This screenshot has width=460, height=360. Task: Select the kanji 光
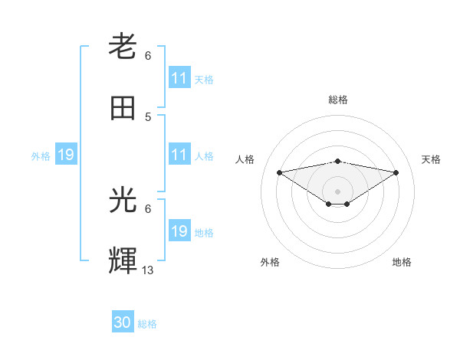tap(123, 201)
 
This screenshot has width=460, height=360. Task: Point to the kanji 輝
tap(123, 260)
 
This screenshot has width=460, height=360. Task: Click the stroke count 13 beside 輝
tap(148, 270)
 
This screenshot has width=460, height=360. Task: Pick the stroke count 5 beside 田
tap(148, 116)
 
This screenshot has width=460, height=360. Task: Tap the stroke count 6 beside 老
tap(148, 55)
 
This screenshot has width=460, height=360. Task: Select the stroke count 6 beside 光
tap(148, 208)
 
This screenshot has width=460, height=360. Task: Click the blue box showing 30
tap(123, 322)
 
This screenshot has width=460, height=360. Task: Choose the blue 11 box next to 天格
tap(179, 78)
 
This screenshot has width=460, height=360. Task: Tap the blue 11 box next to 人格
tap(179, 155)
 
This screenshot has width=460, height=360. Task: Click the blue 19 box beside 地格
tap(179, 231)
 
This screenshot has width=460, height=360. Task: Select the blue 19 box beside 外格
tap(66, 155)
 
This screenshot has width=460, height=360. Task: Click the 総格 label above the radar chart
tap(337, 100)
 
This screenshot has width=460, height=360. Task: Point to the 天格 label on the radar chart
tap(432, 159)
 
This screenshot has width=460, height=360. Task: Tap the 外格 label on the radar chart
tap(270, 262)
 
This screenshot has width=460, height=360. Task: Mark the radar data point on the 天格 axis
tap(396, 172)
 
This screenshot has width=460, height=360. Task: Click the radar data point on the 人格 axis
tap(279, 172)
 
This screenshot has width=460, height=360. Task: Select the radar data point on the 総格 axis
tap(337, 161)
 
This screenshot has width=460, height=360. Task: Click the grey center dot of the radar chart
tap(337, 191)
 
